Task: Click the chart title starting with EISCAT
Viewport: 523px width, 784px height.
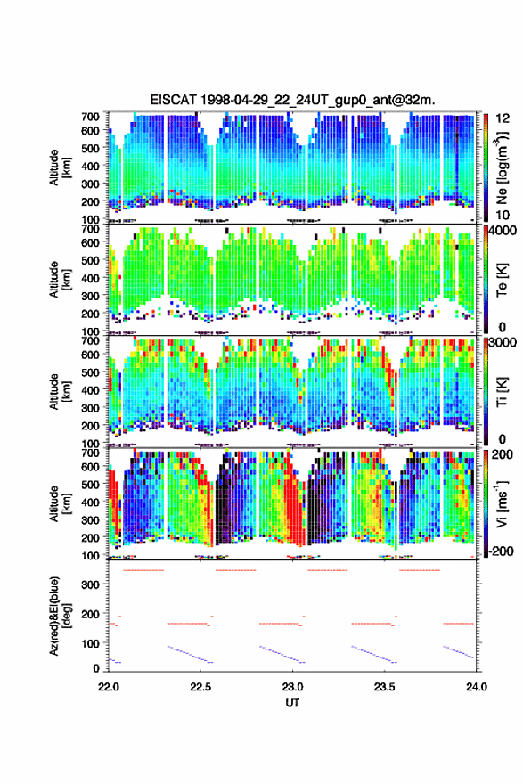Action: pyautogui.click(x=292, y=100)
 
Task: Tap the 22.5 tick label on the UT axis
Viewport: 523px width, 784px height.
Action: pyautogui.click(x=200, y=687)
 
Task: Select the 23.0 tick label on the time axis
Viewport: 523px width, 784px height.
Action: pyautogui.click(x=292, y=687)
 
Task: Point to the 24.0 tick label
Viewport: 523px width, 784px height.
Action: pyautogui.click(x=477, y=687)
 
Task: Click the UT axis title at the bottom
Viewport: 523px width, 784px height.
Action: pyautogui.click(x=292, y=703)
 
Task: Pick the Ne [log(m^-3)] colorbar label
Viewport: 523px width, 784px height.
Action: pyautogui.click(x=502, y=168)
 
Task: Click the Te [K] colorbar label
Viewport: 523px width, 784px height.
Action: pyautogui.click(x=502, y=280)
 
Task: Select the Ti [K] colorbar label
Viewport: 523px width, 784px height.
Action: pyautogui.click(x=502, y=392)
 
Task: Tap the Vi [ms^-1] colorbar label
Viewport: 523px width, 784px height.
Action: pyautogui.click(x=502, y=504)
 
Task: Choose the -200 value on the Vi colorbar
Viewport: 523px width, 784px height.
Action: pyautogui.click(x=500, y=551)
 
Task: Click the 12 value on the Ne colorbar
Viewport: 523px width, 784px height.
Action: pyautogui.click(x=503, y=118)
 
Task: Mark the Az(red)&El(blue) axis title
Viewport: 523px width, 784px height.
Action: pyautogui.click(x=60, y=616)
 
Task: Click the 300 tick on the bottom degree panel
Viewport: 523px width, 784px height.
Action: pyautogui.click(x=90, y=584)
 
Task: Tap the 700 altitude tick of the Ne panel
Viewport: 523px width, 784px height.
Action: pyautogui.click(x=90, y=117)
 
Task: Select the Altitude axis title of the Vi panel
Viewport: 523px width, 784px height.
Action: pyautogui.click(x=60, y=503)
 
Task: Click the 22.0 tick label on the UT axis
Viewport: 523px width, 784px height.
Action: pyautogui.click(x=109, y=687)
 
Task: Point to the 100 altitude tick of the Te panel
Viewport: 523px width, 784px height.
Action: pyautogui.click(x=90, y=331)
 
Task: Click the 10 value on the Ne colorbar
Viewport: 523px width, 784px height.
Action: pyautogui.click(x=503, y=216)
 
